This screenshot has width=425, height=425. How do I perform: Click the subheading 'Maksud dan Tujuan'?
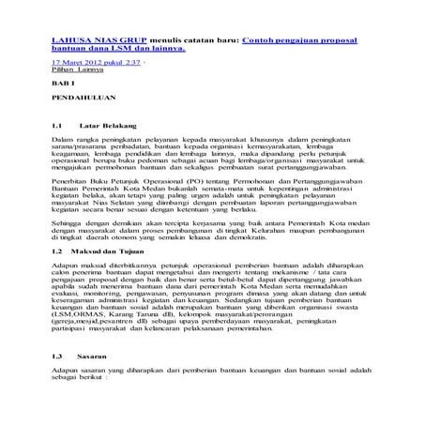[x=116, y=252]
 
